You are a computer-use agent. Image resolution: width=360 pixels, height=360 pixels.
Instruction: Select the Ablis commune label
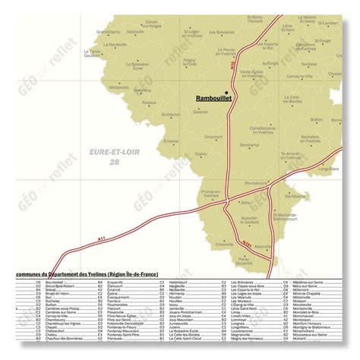click(245, 203)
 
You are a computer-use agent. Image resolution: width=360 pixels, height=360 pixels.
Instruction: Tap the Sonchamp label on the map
click(249, 144)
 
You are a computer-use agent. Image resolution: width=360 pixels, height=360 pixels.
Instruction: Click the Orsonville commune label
click(225, 245)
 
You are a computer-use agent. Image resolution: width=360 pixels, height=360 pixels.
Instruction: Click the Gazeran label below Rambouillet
click(201, 112)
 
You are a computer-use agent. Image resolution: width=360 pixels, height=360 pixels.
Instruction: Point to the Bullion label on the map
click(317, 119)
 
